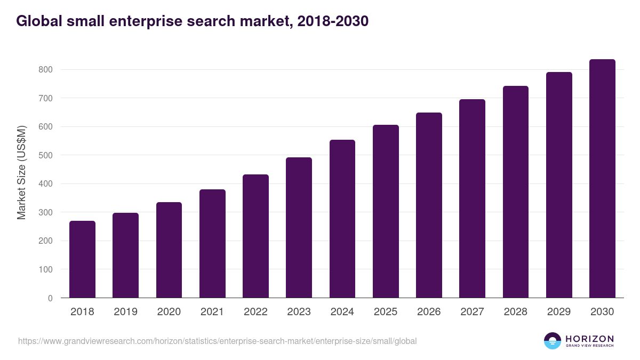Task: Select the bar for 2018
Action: tap(82, 259)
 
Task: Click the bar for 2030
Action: tap(602, 179)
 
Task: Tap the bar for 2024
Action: tap(342, 219)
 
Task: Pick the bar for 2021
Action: tap(212, 244)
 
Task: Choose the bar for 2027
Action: tap(472, 198)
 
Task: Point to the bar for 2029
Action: tap(559, 185)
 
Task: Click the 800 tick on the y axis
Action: tap(45, 70)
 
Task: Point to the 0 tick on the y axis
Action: tap(50, 298)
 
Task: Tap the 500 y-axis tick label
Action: tap(45, 155)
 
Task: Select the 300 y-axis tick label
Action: tap(45, 212)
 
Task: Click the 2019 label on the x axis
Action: tap(125, 312)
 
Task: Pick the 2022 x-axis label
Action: tap(255, 312)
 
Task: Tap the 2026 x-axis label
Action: tap(429, 312)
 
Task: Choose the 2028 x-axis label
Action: tap(516, 312)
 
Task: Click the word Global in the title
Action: tap(37, 21)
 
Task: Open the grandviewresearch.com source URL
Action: tap(217, 341)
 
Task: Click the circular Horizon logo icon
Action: tap(552, 341)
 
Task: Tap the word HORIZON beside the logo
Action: tap(589, 339)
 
